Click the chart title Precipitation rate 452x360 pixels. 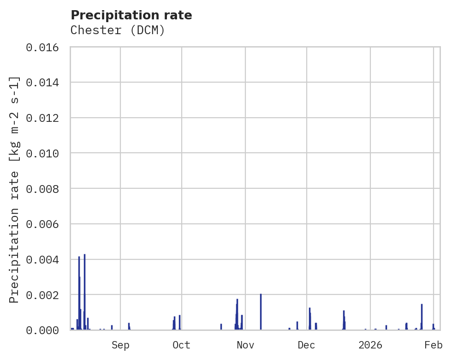point(131,15)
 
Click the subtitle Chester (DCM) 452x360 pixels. point(118,30)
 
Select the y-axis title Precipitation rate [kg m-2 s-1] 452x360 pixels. point(14,190)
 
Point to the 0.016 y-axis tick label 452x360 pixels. point(45,47)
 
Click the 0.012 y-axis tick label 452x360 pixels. point(45,118)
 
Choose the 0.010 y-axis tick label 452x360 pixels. point(45,153)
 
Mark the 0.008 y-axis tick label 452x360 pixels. point(45,188)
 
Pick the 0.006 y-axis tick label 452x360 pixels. point(45,224)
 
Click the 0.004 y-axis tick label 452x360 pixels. point(45,259)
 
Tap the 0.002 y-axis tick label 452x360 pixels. point(45,294)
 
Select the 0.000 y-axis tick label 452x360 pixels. point(45,330)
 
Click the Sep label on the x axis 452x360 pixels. point(120,345)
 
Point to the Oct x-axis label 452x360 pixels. point(182,345)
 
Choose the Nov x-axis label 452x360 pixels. point(245,345)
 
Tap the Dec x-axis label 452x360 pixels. point(307,345)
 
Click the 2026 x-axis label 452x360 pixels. point(371,345)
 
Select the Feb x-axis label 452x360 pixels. point(434,345)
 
